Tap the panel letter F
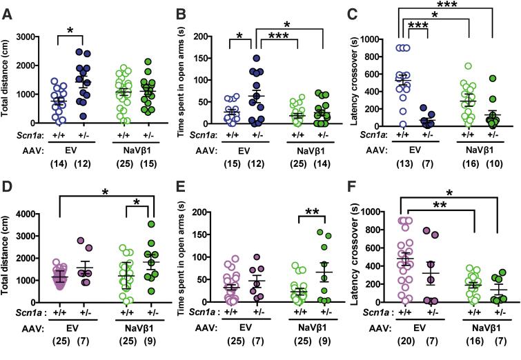pyautogui.click(x=359, y=188)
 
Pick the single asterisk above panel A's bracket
pyautogui.click(x=72, y=30)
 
